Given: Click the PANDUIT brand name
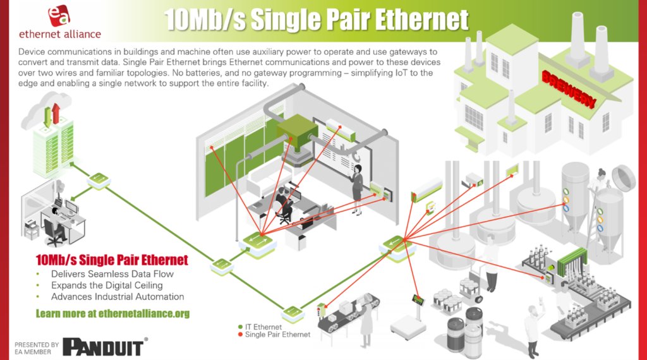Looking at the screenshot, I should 105,346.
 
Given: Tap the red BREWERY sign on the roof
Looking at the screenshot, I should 568,88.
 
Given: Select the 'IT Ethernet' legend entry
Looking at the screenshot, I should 263,327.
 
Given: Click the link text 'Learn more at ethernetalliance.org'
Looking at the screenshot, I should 112,313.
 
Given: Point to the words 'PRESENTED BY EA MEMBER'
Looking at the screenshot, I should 37,348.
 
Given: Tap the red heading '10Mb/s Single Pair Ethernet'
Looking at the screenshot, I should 112,260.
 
